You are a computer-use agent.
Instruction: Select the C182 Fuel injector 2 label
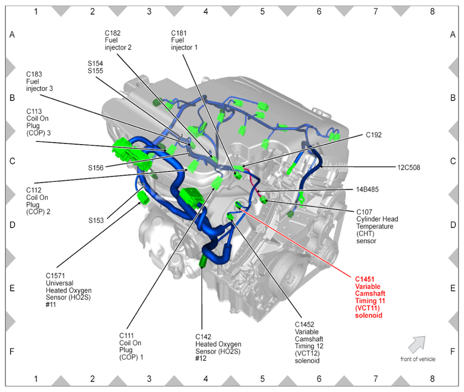[118, 40]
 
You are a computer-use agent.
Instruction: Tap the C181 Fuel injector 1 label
[184, 40]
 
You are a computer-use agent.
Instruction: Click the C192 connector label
[374, 135]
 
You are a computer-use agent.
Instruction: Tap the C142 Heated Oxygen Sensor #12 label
[218, 347]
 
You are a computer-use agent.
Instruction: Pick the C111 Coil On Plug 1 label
[131, 346]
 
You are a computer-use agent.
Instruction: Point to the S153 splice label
[95, 220]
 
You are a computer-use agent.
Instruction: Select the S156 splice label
[96, 167]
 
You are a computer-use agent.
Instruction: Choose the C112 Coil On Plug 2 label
[38, 201]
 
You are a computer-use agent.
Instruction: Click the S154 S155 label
[95, 67]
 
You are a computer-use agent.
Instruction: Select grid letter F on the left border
[12, 351]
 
